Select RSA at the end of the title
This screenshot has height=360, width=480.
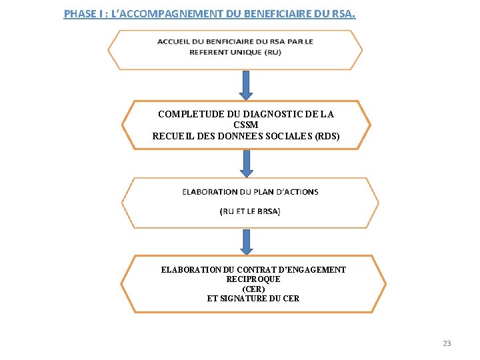point(344,13)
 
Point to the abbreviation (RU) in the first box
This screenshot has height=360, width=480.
point(272,52)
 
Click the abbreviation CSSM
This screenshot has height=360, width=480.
point(246,125)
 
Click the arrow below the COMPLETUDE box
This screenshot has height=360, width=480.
point(247,163)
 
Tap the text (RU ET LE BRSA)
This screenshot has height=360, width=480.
point(250,211)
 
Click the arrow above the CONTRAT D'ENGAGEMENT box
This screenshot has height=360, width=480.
point(247,242)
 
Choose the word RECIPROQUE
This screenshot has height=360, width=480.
point(253,279)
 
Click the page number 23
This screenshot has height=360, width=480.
point(447,343)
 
